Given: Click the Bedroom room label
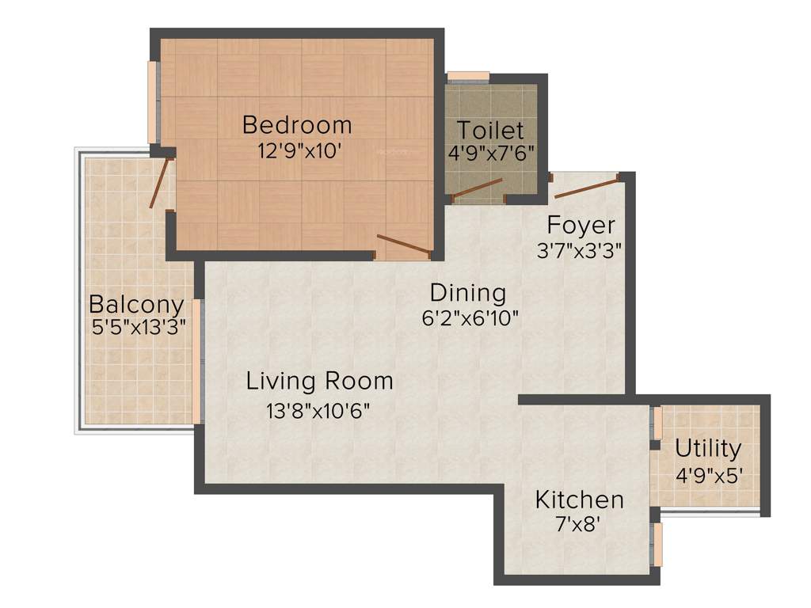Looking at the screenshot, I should (297, 125).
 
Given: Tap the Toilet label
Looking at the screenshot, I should (490, 130).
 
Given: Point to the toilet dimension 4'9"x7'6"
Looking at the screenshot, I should (491, 153).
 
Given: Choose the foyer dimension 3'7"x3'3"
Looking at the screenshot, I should (579, 251).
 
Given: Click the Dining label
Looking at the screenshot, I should (470, 293).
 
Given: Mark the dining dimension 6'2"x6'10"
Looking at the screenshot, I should (470, 317).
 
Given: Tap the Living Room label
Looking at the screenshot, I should (319, 381).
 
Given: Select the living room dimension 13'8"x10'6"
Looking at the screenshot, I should (318, 411).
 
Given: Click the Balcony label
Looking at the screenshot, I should (136, 304).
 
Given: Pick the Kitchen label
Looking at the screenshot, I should (579, 500).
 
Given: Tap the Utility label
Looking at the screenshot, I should (708, 449).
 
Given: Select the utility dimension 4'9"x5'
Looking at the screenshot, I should (708, 477).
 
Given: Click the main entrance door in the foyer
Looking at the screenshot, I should (586, 188).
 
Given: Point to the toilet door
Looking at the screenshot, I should (477, 189).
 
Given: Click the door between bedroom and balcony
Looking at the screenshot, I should (161, 183).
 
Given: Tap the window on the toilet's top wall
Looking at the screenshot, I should (468, 77).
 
